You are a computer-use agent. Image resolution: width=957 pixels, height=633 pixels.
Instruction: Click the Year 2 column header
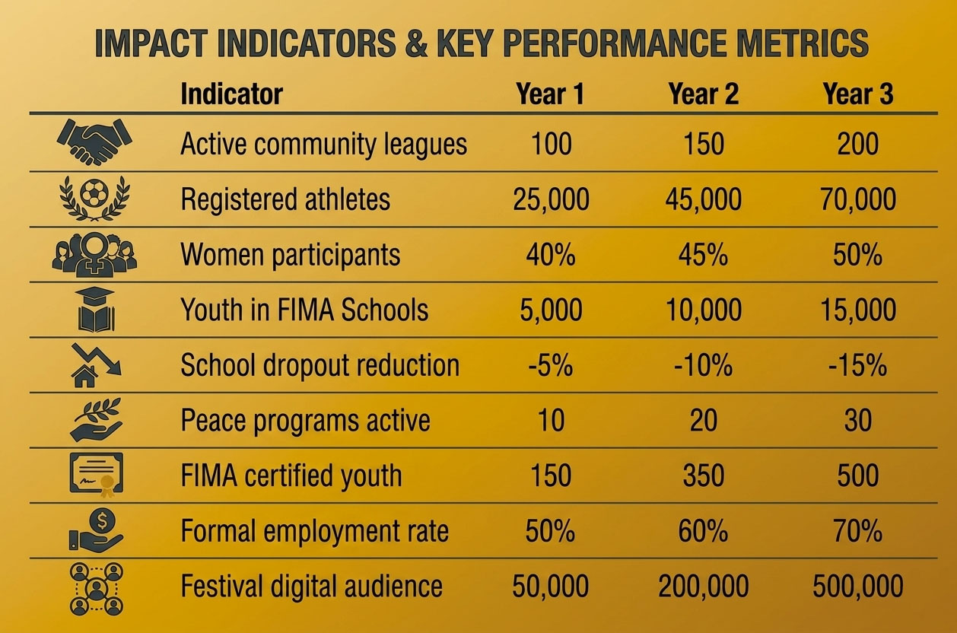click(703, 94)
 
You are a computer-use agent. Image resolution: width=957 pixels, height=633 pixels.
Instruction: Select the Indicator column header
click(231, 94)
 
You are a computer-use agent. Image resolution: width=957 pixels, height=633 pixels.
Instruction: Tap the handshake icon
click(94, 142)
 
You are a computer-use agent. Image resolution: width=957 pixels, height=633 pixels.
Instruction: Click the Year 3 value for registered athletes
click(858, 199)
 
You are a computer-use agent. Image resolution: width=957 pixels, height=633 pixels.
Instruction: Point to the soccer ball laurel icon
click(94, 199)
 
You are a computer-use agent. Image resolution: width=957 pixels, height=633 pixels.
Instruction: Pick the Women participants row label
click(291, 255)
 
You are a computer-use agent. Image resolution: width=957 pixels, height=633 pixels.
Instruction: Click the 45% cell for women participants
click(703, 255)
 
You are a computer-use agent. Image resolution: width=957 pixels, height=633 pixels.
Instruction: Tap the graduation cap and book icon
click(95, 310)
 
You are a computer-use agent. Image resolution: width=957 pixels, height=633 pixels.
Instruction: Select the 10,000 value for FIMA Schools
click(703, 310)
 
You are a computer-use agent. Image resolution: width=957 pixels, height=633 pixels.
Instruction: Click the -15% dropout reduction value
click(858, 365)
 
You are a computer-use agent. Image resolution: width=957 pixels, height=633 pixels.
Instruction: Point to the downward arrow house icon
click(97, 365)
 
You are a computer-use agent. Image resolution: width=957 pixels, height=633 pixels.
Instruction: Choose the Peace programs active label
click(306, 421)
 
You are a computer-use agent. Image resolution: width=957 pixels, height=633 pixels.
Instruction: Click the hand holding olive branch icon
click(96, 420)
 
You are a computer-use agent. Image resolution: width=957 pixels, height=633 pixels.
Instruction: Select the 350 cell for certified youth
click(703, 476)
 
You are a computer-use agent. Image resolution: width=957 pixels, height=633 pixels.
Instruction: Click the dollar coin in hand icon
click(96, 530)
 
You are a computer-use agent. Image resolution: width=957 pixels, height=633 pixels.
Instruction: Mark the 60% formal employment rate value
click(703, 531)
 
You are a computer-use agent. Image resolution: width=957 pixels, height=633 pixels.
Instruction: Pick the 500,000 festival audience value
click(858, 586)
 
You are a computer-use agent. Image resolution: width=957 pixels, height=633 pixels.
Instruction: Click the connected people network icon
click(97, 589)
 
